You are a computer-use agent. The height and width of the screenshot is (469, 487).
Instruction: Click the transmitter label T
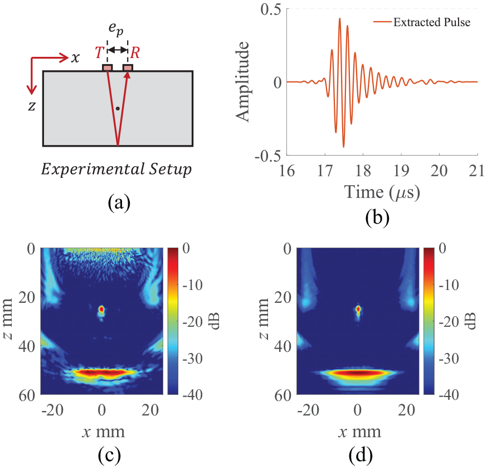99,52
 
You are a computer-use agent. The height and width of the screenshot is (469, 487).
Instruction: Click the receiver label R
135,52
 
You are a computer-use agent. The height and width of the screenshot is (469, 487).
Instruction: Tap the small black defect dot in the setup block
118,109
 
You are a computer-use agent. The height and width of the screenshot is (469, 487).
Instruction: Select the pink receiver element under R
128,67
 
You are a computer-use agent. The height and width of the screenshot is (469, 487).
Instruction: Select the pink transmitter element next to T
108,67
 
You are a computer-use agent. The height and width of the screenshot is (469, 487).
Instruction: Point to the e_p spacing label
116,29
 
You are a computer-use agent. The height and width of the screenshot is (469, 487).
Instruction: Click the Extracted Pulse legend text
432,22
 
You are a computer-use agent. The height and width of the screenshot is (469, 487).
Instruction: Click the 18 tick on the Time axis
363,170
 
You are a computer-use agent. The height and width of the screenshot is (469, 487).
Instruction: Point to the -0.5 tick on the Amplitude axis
267,156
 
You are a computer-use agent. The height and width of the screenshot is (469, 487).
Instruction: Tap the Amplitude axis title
242,81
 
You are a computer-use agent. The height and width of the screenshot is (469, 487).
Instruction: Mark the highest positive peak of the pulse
340,18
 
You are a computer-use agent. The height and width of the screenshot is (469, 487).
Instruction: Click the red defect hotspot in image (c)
101,309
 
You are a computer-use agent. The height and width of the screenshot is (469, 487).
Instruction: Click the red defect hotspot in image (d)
358,309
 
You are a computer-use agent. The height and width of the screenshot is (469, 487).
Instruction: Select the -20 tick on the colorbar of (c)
193,322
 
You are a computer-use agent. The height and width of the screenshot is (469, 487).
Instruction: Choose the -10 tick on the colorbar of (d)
449,285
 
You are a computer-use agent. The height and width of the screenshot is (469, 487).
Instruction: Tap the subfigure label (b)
377,217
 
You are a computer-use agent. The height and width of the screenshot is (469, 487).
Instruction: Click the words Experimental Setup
116,169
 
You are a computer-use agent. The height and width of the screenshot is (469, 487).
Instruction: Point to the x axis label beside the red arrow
75,58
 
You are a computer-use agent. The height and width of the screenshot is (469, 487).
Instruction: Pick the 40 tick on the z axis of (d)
283,346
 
